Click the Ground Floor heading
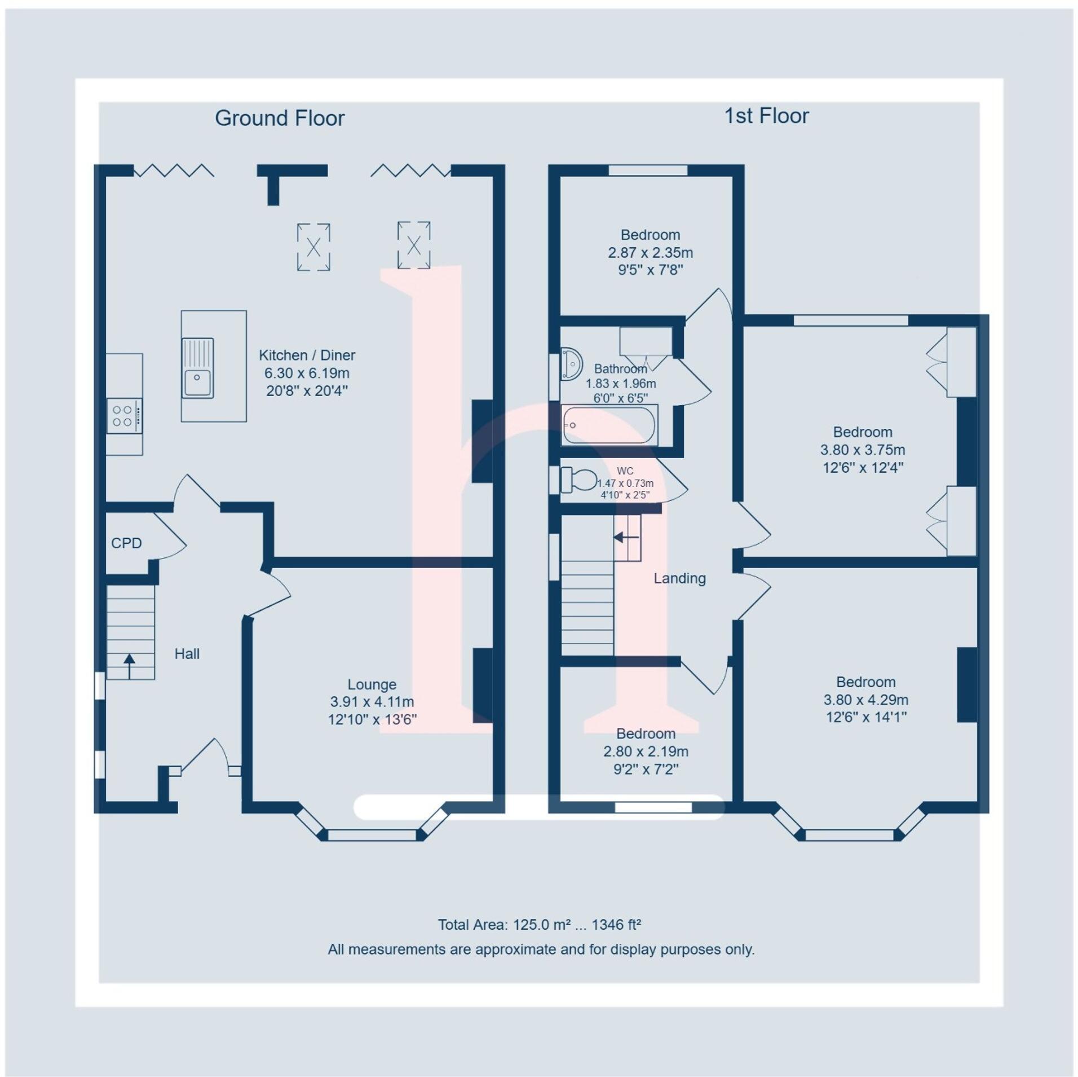point(280,118)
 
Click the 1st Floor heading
point(766,116)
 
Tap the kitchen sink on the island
point(197,368)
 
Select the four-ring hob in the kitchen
point(124,416)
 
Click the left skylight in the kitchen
point(313,247)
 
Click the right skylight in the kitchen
point(414,245)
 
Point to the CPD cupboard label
point(126,543)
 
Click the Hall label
point(187,653)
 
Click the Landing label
point(679,578)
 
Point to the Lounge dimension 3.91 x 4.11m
point(372,702)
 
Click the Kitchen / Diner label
point(307,355)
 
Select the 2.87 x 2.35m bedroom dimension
point(650,252)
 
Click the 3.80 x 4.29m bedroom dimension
point(865,700)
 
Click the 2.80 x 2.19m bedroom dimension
point(646,751)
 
